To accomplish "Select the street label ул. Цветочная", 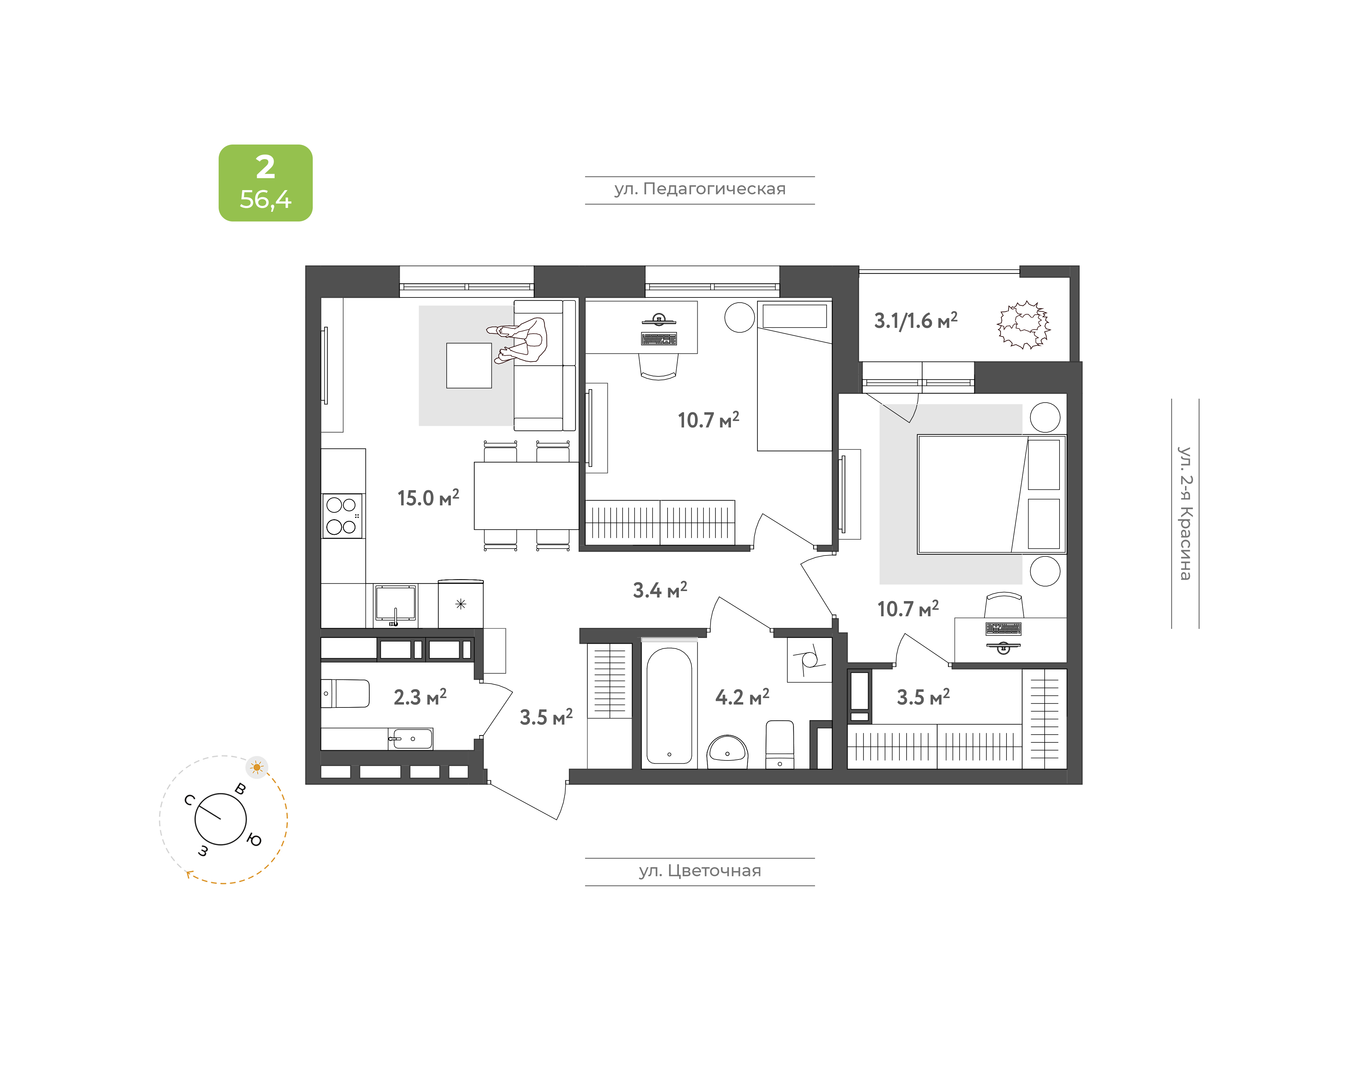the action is [700, 871].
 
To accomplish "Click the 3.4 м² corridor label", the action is [660, 590].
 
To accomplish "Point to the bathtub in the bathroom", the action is [669, 705].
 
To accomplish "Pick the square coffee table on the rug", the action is [469, 365].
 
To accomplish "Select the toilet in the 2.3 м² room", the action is [345, 694].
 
